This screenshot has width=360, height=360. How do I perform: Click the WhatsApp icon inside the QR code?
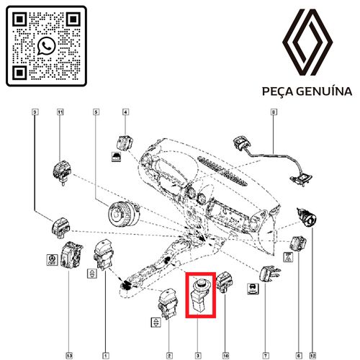[46, 46]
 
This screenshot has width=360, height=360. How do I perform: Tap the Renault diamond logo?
[307, 42]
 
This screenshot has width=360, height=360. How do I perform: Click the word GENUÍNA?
[324, 91]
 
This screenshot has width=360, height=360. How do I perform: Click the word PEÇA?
[277, 92]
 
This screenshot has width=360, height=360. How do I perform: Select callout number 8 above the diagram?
[274, 112]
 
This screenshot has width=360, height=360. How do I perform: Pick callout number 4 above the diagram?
[125, 112]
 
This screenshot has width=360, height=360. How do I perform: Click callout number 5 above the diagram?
[96, 112]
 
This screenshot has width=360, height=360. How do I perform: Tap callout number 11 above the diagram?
[60, 112]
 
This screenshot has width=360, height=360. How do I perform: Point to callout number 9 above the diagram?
[35, 112]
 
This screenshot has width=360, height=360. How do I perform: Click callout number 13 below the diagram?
[69, 356]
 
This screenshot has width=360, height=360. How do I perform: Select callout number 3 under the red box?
[198, 356]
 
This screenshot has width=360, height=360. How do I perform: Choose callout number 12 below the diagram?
[312, 356]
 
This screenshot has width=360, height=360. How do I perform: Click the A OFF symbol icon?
[52, 260]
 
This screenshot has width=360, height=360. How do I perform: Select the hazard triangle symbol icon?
[289, 257]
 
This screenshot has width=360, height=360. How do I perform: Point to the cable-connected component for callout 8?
[273, 159]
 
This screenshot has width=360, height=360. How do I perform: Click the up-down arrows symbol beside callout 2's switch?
[156, 322]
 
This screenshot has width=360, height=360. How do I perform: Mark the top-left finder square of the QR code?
[19, 19]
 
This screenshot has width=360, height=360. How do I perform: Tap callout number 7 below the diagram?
[266, 356]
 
